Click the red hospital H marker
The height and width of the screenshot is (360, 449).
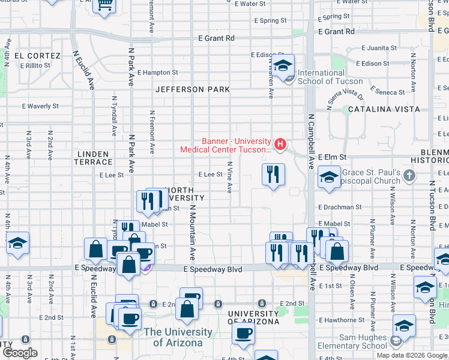click(280, 145)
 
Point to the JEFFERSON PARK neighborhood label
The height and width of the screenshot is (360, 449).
click(192, 89)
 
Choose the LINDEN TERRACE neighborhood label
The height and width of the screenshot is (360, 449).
click(94, 158)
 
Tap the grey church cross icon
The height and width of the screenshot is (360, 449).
click(409, 175)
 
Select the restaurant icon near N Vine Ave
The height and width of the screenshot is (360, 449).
click(273, 175)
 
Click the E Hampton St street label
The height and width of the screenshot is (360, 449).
click(157, 73)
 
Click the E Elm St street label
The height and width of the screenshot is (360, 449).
click(333, 157)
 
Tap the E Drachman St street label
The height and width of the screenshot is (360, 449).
click(340, 207)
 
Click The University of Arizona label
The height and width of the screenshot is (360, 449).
click(178, 337)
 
